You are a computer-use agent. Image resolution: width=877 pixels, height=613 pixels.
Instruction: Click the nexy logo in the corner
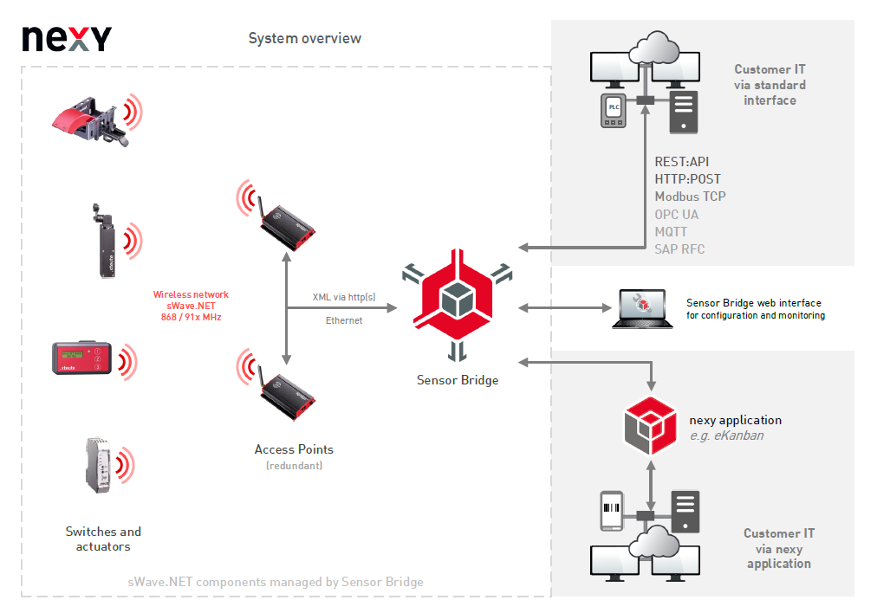(67, 38)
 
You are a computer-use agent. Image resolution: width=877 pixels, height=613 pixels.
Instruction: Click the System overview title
(304, 38)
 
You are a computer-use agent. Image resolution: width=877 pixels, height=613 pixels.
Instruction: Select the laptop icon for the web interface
(642, 309)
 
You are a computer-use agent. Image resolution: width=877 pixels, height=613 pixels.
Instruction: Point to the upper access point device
(287, 223)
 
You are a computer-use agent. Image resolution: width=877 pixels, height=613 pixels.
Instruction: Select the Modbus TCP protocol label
(690, 197)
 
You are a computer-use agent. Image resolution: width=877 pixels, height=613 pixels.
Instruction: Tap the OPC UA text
(676, 214)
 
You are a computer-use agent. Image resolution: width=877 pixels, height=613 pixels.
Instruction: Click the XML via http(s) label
(344, 297)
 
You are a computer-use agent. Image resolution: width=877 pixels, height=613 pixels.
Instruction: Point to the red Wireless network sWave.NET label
(191, 303)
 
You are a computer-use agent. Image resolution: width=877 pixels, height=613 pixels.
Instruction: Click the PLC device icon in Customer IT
(614, 111)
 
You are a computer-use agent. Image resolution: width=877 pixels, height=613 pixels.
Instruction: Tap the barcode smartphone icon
(614, 513)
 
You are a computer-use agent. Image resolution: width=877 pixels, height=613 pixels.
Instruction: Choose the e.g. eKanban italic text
(726, 436)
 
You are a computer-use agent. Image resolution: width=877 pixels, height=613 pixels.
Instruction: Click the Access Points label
(294, 449)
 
